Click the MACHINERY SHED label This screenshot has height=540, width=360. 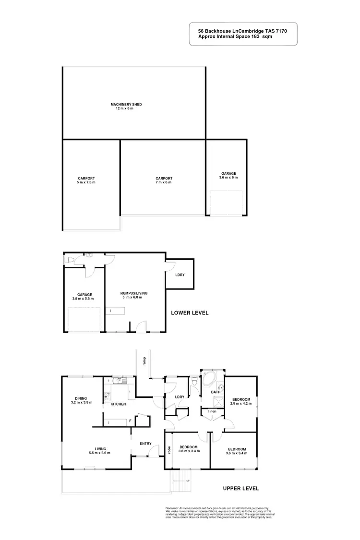click(126, 104)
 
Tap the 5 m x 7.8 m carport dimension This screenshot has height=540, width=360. click(87, 182)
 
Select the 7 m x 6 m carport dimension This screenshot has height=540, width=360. click(164, 182)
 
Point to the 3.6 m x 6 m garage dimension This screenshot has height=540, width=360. click(228, 178)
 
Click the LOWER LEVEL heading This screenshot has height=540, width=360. click(190, 313)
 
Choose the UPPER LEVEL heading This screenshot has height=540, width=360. click(241, 489)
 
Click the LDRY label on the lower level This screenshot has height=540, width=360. click(180, 275)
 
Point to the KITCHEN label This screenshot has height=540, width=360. click(118, 404)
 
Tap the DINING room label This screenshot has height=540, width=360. click(81, 398)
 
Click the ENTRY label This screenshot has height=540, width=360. click(145, 444)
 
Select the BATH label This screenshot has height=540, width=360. click(216, 392)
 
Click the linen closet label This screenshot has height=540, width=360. click(211, 411)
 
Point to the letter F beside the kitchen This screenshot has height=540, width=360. click(130, 421)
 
